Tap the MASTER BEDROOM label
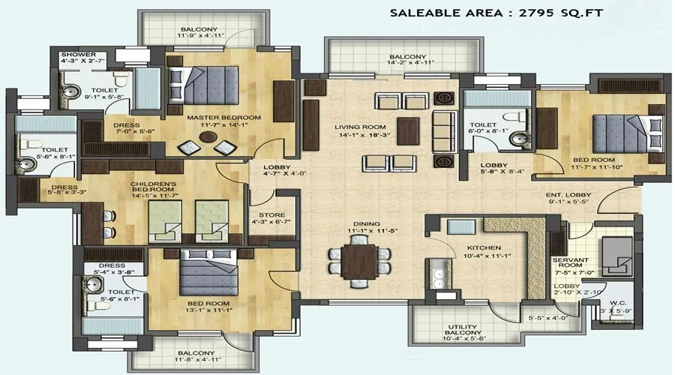223,118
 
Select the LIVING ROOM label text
360,127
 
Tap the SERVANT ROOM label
573,263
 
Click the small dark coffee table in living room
409,125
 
